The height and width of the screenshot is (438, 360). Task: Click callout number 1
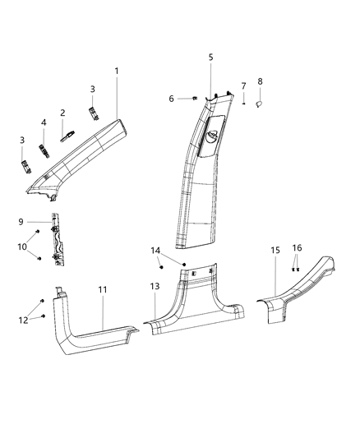point(117,71)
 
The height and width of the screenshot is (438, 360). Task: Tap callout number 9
point(21,221)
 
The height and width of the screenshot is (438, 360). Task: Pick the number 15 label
point(275,249)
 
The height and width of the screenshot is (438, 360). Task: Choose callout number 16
point(298,247)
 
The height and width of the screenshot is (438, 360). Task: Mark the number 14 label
point(155,250)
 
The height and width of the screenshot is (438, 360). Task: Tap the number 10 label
point(22,247)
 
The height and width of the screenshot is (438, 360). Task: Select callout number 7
point(243,86)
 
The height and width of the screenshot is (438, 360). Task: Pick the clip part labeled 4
point(46,148)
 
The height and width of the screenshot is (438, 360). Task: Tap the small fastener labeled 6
point(192,98)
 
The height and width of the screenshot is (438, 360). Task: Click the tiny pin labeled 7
point(244,104)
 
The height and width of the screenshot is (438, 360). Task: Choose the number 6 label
point(171,99)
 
